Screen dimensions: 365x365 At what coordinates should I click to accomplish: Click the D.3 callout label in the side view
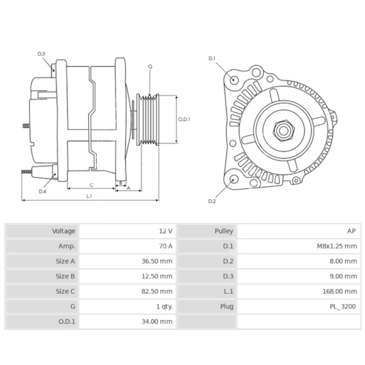(41, 54)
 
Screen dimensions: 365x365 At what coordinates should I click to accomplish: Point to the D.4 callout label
(43, 191)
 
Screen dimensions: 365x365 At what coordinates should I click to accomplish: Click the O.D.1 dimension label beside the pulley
(184, 119)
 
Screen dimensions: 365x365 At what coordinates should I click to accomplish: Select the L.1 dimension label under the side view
(89, 196)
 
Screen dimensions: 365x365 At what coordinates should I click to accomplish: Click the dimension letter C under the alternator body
(91, 184)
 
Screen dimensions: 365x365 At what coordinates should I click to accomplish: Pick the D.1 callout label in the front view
(212, 58)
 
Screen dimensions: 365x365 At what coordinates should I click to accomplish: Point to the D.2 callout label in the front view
(212, 201)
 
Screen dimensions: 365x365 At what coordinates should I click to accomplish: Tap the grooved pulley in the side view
(147, 119)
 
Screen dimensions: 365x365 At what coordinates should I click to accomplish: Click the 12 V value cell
(165, 231)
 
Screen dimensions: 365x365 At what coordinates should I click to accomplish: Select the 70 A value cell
(165, 246)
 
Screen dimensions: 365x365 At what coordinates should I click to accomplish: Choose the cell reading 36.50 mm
(158, 262)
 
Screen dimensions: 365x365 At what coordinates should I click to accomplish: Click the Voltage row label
(64, 231)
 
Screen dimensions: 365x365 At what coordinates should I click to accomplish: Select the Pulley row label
(224, 231)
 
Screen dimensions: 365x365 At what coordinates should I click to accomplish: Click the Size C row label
(65, 291)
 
